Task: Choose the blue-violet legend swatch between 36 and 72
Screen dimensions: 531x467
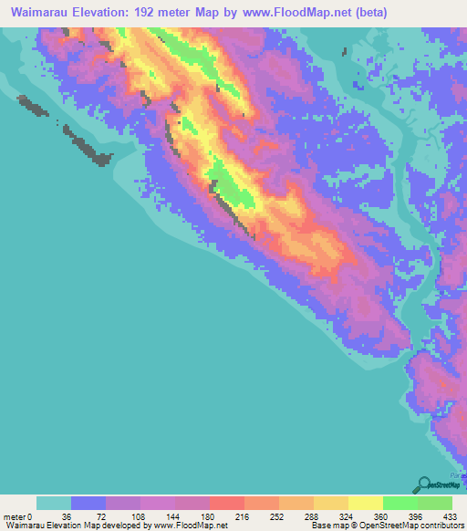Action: pos(88,503)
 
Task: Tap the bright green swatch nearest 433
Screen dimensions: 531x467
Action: pos(434,503)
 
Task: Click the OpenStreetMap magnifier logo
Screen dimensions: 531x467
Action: pos(422,484)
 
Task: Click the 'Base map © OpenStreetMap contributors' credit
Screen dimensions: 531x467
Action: pos(387,526)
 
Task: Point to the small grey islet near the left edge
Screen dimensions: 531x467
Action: pos(35,107)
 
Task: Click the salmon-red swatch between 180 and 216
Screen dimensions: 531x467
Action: pos(227,503)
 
